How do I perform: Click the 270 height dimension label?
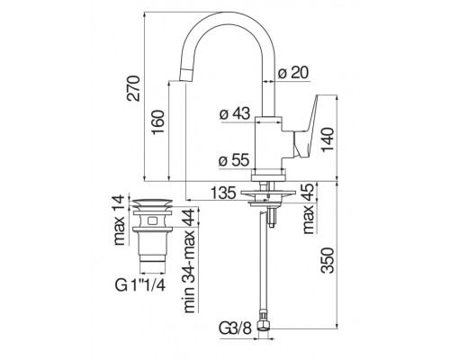[133, 88]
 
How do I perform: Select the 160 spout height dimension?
[158, 122]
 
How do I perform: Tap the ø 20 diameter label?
[292, 73]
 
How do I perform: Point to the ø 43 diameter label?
[235, 113]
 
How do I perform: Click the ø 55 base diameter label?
[234, 160]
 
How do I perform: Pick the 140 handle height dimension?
[328, 139]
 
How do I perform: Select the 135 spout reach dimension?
[223, 193]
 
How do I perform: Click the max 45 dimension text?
[308, 209]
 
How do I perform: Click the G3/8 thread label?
[235, 328]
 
